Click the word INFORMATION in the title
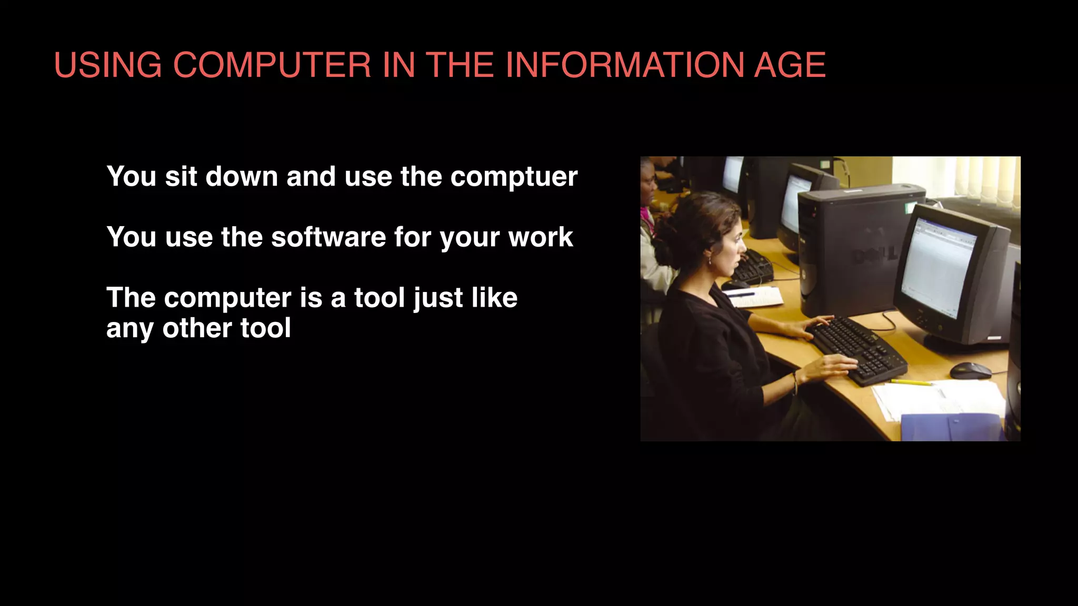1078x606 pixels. (624, 65)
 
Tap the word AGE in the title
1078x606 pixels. (790, 65)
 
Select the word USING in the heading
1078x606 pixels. (108, 65)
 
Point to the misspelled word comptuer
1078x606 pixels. (514, 177)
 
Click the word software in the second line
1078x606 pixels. (328, 237)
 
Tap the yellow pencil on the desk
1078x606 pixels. (911, 382)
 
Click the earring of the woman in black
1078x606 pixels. (709, 260)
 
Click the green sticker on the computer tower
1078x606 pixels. (909, 207)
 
